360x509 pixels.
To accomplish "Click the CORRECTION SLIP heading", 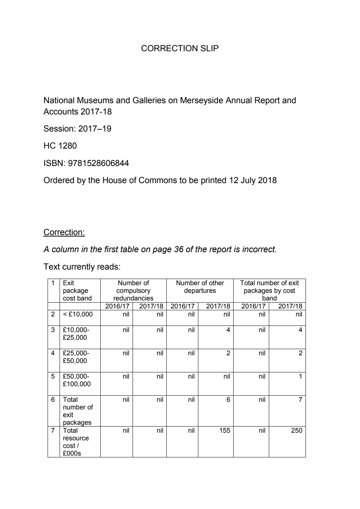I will pos(180,48).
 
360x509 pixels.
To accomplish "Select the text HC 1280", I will pos(60,146).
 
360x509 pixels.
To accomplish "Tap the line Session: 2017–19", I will pos(77,129).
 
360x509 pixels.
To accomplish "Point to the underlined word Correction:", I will pos(64,232).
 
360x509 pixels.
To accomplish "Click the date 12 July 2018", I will pos(252,180).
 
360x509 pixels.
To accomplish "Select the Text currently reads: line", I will pos(82,267).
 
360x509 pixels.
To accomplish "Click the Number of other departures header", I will pos(200,287).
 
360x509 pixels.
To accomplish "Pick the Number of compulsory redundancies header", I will pos(133,290).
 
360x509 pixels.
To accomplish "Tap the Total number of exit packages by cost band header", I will pos(269,290).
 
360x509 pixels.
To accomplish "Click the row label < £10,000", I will pos(77,314).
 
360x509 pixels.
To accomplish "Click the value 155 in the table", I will pos(225,431).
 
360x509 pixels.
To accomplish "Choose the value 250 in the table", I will pos(296,431).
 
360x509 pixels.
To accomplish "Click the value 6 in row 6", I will pos(228,400).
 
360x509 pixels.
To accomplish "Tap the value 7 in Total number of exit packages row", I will pos(300,400).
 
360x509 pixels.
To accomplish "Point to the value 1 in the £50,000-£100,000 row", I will pos(300,376).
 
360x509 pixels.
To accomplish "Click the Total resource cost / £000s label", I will pos(76,442).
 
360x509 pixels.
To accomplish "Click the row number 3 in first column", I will pos(53,330).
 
